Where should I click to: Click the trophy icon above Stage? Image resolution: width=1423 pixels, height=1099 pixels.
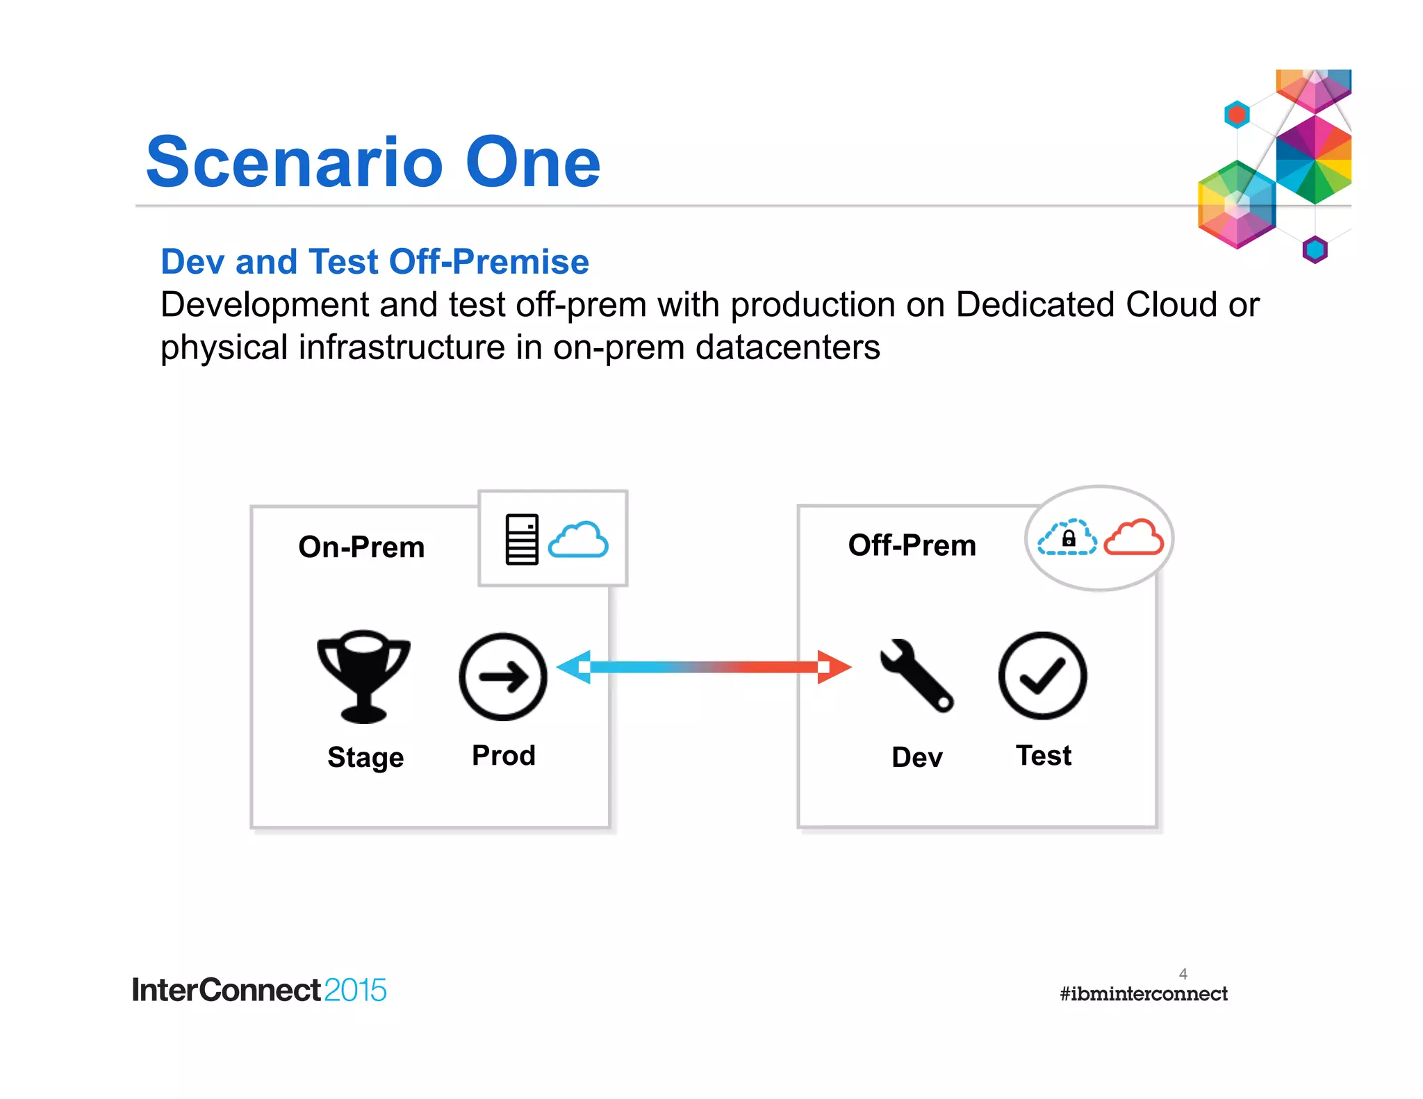pos(363,676)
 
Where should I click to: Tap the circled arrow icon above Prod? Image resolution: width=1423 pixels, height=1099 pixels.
pos(503,676)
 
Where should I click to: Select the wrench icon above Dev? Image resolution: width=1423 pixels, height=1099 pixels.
pos(916,675)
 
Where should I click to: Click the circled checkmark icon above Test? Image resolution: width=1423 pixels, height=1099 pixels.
pos(1042,675)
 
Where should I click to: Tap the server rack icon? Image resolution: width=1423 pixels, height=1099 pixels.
pos(522,539)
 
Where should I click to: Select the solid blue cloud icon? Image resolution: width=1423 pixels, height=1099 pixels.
pos(578,540)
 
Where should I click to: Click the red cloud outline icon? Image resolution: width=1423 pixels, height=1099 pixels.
pos(1133,537)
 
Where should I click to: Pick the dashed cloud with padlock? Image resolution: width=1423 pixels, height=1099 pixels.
pos(1068,538)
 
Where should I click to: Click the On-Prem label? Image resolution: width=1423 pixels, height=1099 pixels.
pos(361,547)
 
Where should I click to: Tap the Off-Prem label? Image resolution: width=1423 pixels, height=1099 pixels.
pos(912,545)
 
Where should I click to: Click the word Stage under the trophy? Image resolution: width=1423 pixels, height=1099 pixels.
pos(365,757)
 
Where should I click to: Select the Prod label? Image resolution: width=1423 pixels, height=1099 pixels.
pos(504,755)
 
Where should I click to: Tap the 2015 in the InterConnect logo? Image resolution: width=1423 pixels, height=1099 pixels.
pos(354,990)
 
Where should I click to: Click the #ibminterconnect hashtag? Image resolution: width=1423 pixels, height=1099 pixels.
pos(1143,994)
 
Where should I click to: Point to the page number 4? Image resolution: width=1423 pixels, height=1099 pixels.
pos(1183,973)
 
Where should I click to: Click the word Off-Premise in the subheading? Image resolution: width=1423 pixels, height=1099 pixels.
pos(489,262)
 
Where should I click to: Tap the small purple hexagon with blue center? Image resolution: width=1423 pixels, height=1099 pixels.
pos(1315,249)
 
